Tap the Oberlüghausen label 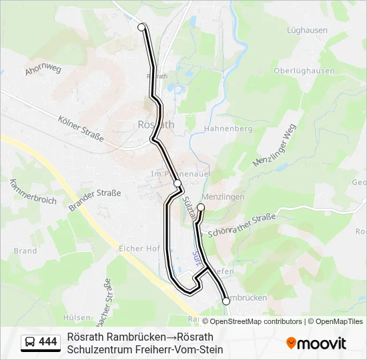(304, 71)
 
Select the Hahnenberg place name (228, 129)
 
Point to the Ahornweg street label (43, 69)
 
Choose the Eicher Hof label (139, 248)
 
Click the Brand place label (25, 251)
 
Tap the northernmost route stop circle (141, 27)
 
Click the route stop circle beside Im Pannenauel (177, 183)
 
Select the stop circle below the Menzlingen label (201, 208)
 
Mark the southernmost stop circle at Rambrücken (226, 301)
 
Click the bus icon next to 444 (29, 342)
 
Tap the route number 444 (48, 342)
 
